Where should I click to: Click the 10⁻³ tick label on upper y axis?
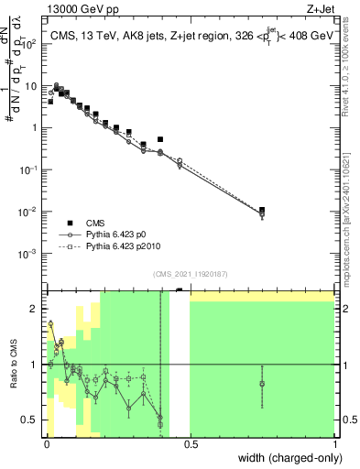coord(29,253)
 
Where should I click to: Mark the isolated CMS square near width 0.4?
coord(160,139)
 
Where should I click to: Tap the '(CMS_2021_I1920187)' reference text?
coord(190,274)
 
